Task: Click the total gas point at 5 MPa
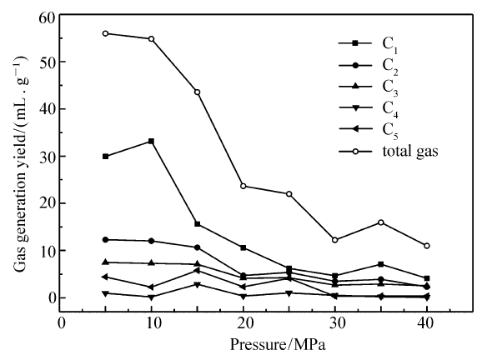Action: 106,33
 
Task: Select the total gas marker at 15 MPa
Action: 197,92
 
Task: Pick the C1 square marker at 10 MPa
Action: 151,141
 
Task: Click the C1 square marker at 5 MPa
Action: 106,157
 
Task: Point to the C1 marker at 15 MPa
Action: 197,224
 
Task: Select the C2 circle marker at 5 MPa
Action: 106,240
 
